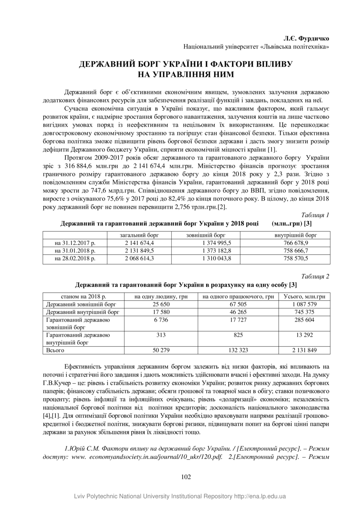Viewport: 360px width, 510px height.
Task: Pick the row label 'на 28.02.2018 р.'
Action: click(75, 258)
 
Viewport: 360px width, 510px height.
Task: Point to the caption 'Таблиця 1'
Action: click(315, 215)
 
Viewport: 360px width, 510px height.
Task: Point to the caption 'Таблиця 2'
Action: click(315, 276)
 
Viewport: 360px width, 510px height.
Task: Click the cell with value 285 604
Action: click(305, 320)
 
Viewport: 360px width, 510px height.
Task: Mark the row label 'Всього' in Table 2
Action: click(55, 350)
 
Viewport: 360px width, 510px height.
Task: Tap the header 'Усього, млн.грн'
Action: click(305, 296)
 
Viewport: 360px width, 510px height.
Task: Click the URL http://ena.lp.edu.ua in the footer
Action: click(260, 496)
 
